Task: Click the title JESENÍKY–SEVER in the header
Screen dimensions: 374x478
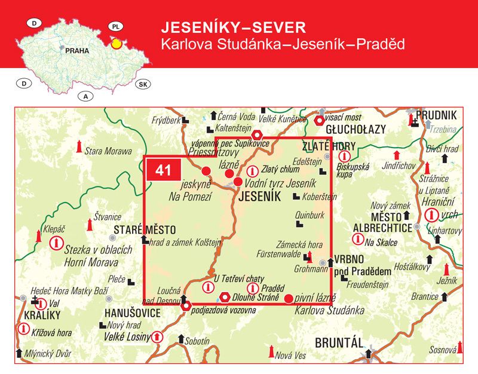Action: (234, 27)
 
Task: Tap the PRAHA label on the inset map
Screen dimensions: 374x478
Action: (76, 51)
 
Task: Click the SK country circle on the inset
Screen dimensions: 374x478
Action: (143, 84)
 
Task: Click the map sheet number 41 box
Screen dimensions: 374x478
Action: (163, 170)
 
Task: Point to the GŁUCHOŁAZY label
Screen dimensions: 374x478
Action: (356, 129)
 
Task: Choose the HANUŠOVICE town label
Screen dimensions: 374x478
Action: (133, 313)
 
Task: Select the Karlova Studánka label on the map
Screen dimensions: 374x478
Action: (329, 310)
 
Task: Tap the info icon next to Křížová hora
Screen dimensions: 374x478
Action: (24, 328)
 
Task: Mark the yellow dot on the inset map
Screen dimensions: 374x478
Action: (117, 43)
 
